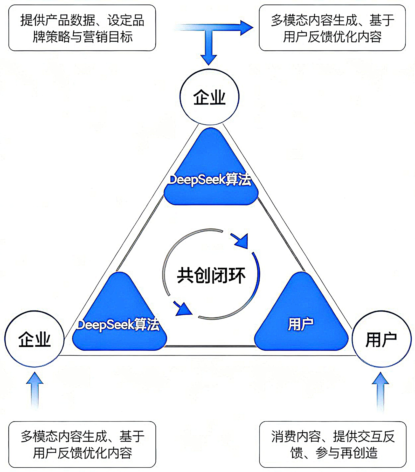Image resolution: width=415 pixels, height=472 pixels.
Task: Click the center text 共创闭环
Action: [211, 275]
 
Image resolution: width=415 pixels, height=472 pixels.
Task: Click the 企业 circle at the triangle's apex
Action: [209, 97]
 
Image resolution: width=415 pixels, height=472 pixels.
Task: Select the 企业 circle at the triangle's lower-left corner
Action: [34, 339]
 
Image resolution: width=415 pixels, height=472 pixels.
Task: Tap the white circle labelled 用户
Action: [381, 339]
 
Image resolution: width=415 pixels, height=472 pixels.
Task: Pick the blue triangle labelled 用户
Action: [301, 319]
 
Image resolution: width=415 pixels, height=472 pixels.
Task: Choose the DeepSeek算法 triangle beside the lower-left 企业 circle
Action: [119, 319]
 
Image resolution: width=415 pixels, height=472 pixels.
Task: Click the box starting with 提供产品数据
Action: [82, 28]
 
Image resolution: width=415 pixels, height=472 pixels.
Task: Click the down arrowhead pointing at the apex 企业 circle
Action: [209, 59]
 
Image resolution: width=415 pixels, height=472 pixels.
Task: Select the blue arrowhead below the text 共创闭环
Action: [183, 309]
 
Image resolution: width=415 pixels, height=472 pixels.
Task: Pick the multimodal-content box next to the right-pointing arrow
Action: [332, 28]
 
